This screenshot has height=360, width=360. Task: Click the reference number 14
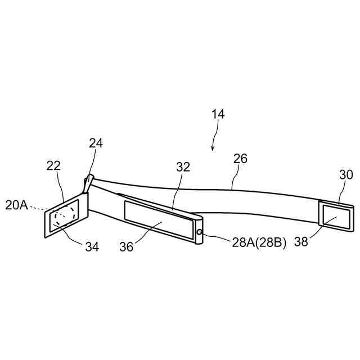pyautogui.click(x=218, y=114)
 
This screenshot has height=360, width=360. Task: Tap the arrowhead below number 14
pyautogui.click(x=213, y=148)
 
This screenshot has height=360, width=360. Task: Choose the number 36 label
pyautogui.click(x=127, y=246)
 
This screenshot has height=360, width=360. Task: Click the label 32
pyautogui.click(x=183, y=167)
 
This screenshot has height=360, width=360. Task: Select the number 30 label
pyautogui.click(x=346, y=175)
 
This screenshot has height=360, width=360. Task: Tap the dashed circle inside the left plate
pyautogui.click(x=64, y=217)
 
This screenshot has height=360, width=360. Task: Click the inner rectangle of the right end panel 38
pyautogui.click(x=336, y=215)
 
